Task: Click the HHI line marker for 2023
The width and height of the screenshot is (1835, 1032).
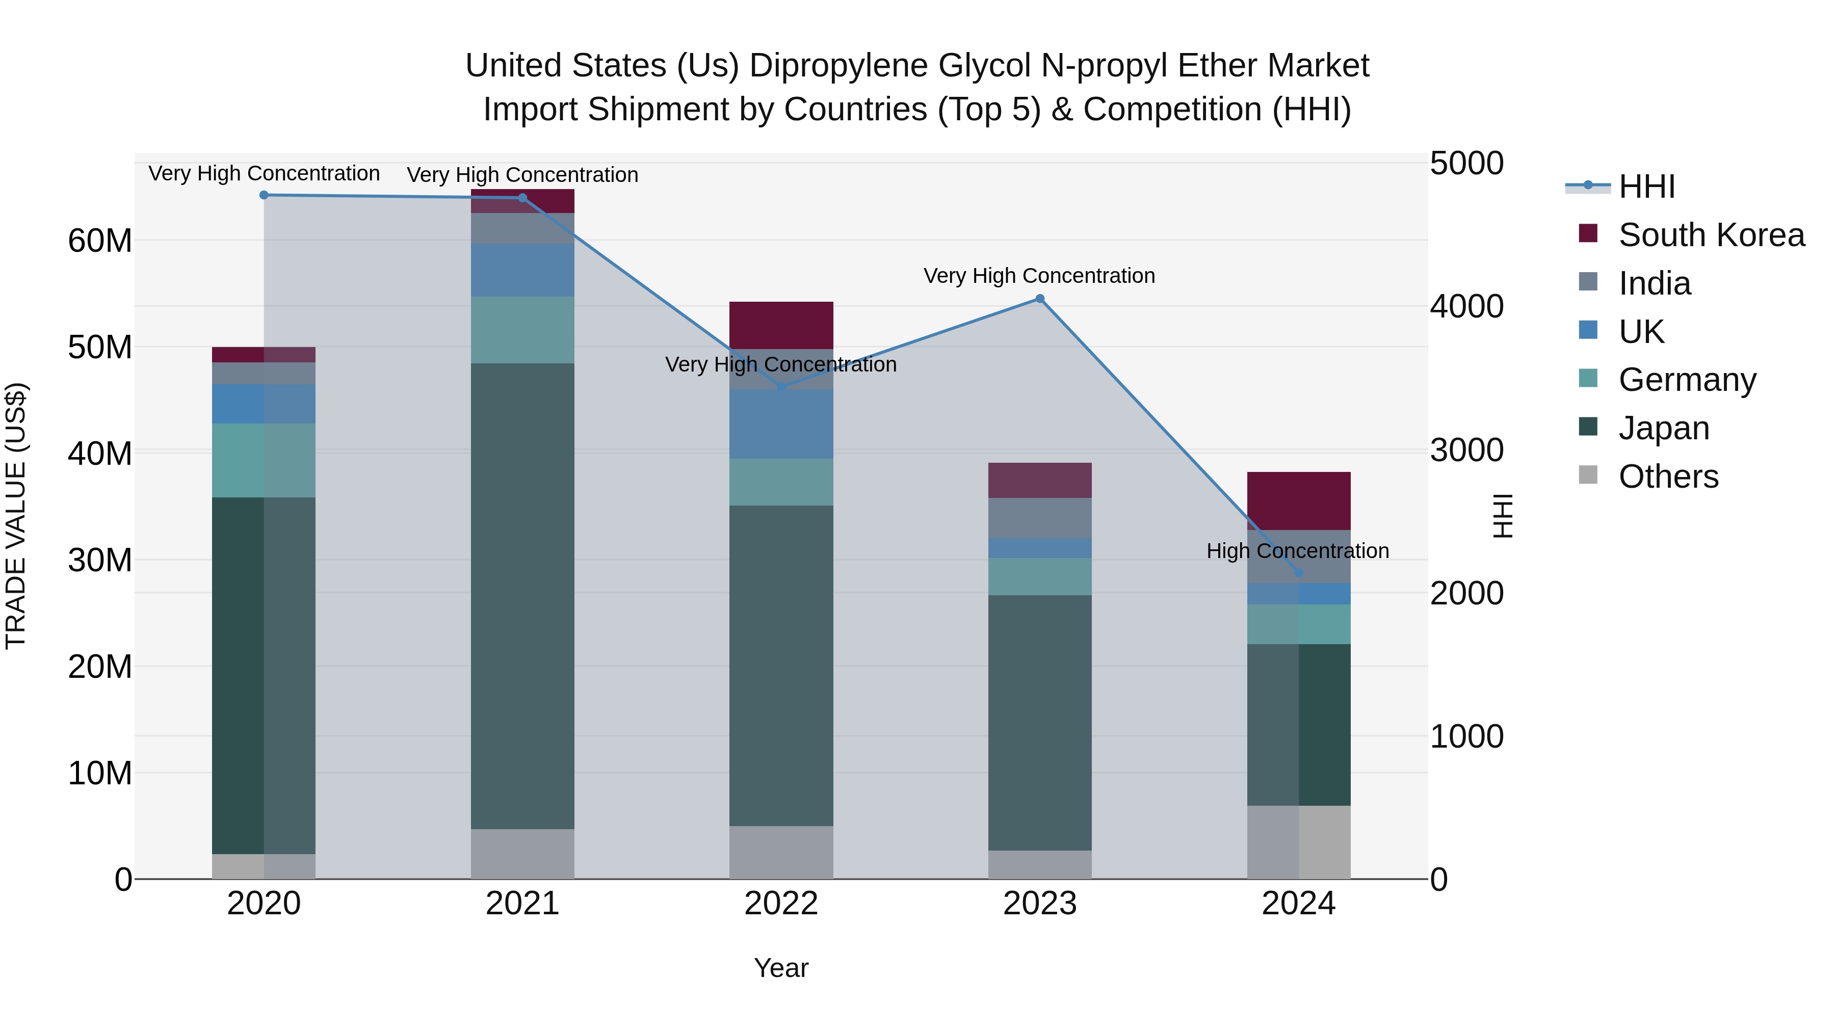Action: (x=1039, y=299)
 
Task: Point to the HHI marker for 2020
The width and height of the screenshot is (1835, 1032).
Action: (x=264, y=195)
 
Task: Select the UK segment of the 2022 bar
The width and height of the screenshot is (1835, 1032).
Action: (x=781, y=424)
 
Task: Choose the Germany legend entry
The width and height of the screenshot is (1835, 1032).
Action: (x=1686, y=380)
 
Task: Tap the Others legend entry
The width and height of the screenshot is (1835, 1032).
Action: (x=1668, y=477)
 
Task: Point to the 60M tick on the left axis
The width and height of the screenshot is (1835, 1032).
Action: (x=100, y=241)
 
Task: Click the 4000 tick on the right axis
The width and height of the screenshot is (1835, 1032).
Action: (x=1466, y=307)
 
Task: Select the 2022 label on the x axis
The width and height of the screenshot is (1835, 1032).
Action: (x=781, y=904)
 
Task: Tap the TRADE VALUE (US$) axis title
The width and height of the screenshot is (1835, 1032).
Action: (x=16, y=516)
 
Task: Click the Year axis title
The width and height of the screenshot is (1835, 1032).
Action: (x=781, y=968)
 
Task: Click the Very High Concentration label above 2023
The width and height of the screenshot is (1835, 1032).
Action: (x=1039, y=276)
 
